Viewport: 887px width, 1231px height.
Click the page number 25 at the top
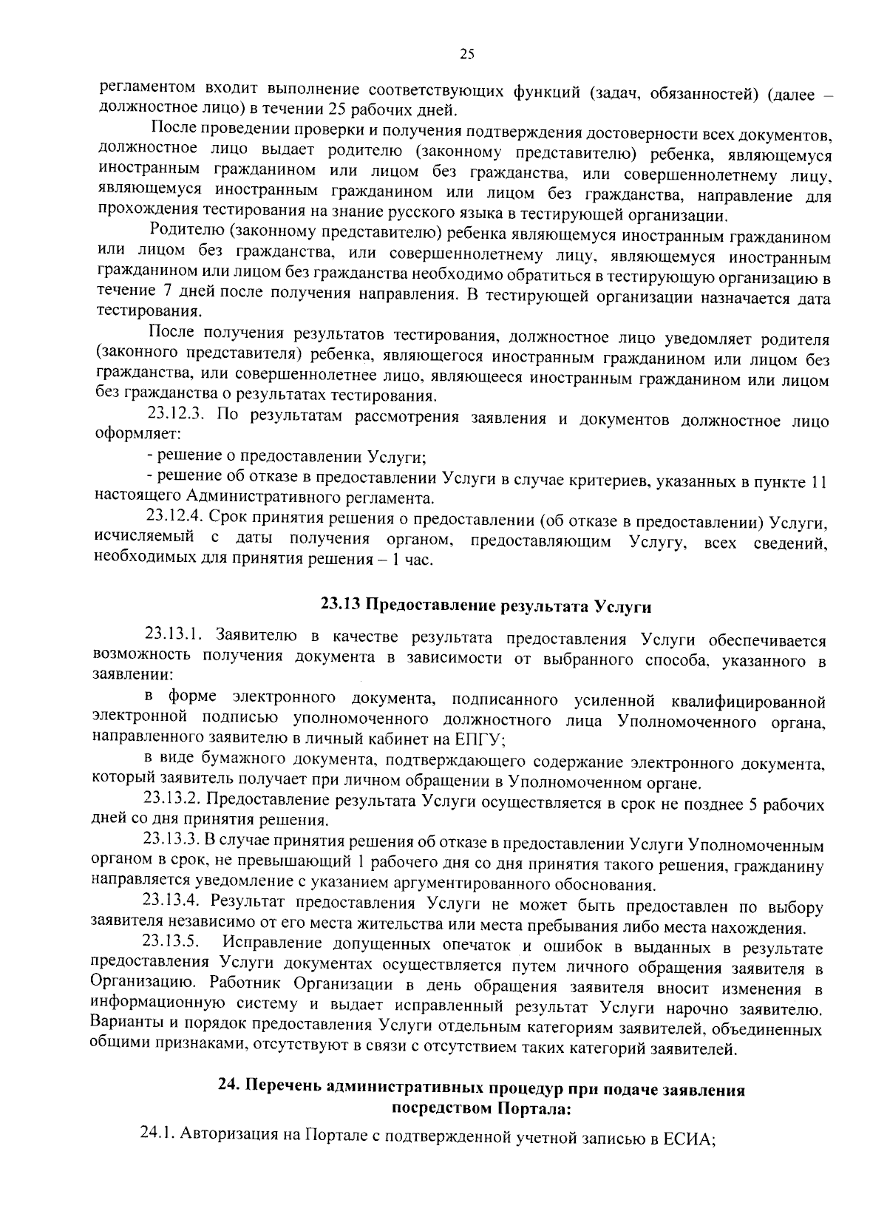point(466,52)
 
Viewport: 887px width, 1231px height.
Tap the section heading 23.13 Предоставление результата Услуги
point(486,606)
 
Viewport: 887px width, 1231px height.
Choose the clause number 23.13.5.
point(172,944)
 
